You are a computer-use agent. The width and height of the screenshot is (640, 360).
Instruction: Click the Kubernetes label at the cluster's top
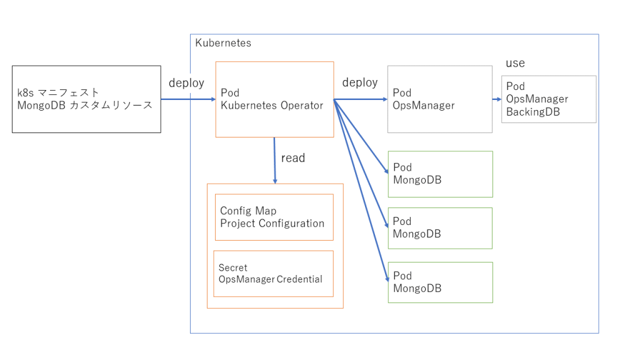(223, 43)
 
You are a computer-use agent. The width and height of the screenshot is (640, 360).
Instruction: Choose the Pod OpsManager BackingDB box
(548, 99)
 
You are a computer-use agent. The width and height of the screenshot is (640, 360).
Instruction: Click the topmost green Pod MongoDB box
(440, 174)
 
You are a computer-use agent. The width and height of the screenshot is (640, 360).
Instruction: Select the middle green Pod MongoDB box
(440, 228)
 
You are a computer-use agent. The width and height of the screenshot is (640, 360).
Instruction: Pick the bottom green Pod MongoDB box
(440, 282)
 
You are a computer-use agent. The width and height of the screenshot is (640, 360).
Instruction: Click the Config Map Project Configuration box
(274, 217)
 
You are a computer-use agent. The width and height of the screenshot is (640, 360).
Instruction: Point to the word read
(293, 158)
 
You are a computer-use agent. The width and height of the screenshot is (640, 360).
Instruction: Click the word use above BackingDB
(515, 63)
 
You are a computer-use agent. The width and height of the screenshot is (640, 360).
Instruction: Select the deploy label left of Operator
(186, 83)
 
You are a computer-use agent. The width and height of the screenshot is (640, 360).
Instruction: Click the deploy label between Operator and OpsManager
(360, 82)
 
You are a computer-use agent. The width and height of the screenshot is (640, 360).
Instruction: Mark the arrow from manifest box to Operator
(187, 99)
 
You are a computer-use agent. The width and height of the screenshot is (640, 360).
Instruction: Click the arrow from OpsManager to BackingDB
(497, 99)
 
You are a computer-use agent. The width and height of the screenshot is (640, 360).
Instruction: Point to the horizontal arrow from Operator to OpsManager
(361, 99)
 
